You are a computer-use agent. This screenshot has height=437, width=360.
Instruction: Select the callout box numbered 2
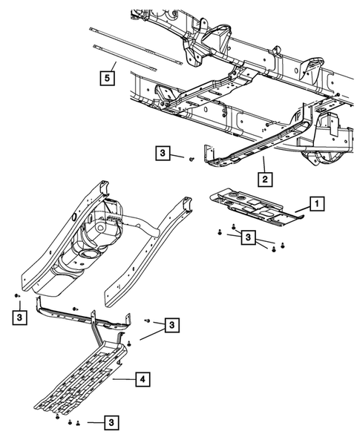tap(263, 178)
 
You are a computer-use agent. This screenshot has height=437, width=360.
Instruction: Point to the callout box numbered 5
tap(108, 76)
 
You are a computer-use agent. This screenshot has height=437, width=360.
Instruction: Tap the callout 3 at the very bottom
tap(111, 422)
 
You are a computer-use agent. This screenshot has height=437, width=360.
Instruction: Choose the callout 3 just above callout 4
tap(171, 325)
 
